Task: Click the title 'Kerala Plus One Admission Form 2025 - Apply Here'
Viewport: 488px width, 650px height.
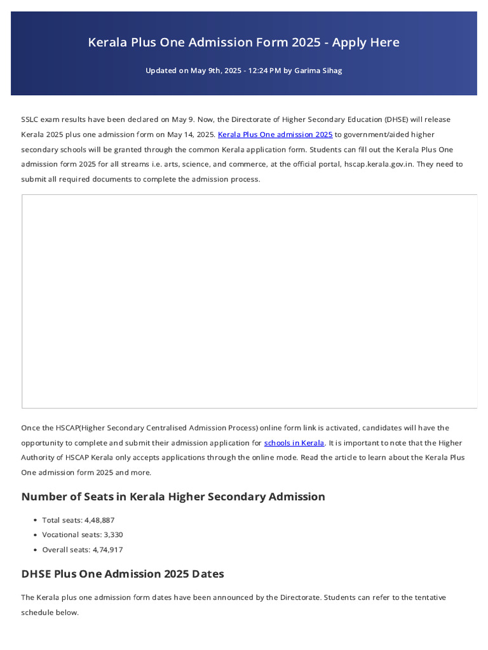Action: [x=244, y=43]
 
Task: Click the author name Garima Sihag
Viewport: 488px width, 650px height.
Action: [x=318, y=70]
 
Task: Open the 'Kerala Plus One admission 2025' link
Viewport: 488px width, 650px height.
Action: [x=275, y=135]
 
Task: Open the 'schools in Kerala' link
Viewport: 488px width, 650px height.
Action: [x=294, y=442]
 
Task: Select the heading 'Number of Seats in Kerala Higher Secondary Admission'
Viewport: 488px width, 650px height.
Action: [x=173, y=496]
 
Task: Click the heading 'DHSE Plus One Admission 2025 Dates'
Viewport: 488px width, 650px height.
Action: [x=123, y=574]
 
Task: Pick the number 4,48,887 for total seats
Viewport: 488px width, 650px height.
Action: [x=99, y=520]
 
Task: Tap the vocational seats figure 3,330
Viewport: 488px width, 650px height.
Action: [x=113, y=535]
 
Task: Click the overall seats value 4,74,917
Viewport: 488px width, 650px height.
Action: [x=107, y=550]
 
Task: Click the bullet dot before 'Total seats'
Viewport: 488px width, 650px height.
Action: [x=36, y=521]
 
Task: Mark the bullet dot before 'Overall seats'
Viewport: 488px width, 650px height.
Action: [x=36, y=550]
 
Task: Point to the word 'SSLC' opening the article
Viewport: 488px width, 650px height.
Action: [x=30, y=119]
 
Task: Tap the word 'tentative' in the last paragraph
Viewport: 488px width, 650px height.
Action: [x=429, y=597]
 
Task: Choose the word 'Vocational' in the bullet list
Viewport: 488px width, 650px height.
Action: [x=61, y=535]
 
